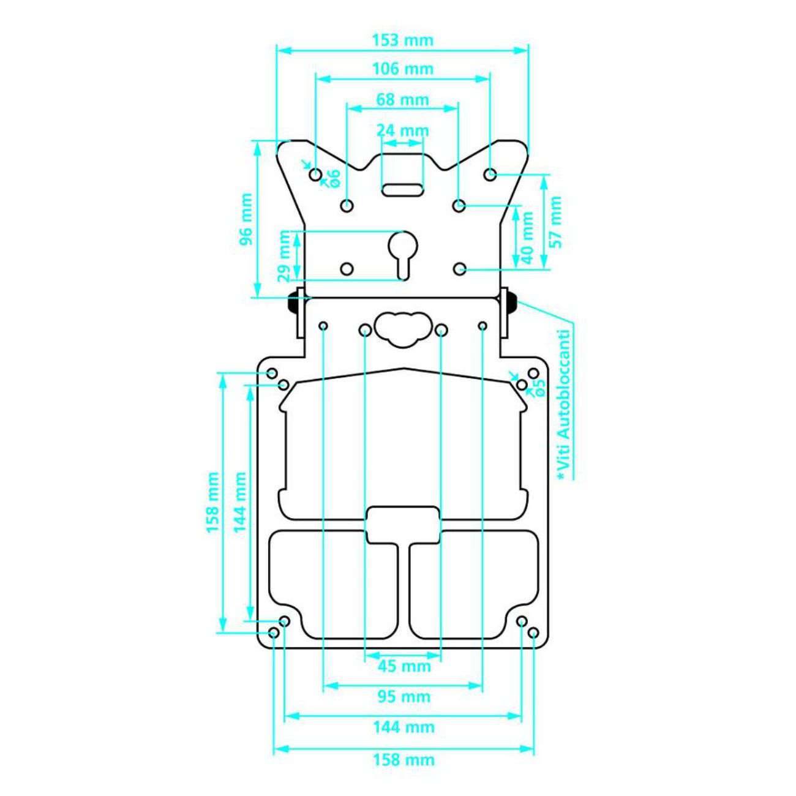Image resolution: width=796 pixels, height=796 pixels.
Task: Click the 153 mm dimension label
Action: coord(402,40)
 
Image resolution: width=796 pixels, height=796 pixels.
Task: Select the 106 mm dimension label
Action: coord(402,69)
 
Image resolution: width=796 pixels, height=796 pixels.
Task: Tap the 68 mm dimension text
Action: coord(402,99)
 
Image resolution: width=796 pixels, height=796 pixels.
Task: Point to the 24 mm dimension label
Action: coord(402,130)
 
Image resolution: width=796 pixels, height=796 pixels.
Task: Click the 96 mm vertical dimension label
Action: coord(246,219)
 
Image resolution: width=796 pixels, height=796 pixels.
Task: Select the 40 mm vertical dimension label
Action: coord(527,235)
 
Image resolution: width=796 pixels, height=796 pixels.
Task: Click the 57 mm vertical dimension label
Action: coord(555,222)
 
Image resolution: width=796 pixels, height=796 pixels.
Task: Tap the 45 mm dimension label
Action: coord(404,666)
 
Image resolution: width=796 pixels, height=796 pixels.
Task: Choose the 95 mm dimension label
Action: coord(404,697)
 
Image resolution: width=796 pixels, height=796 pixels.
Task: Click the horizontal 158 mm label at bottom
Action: coord(404,760)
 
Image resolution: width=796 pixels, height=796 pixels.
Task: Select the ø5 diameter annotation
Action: coord(538,387)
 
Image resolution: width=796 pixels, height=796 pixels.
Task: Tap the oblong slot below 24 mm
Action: coord(402,189)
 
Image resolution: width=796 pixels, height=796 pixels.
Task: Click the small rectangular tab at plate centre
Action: coord(402,525)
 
